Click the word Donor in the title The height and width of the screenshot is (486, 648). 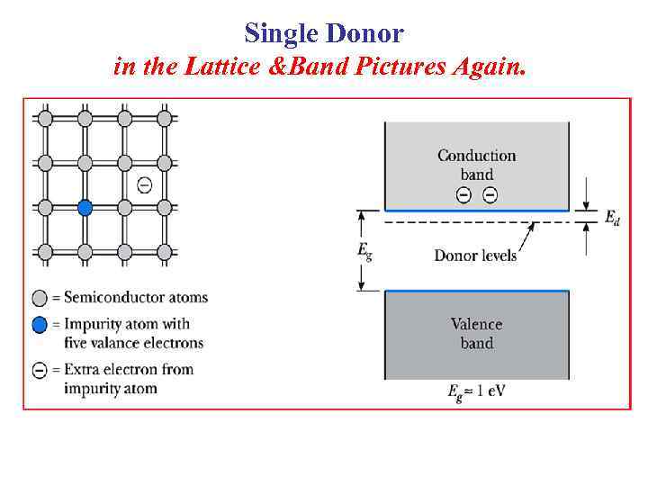pyautogui.click(x=365, y=34)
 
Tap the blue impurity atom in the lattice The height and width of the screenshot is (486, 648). pyautogui.click(x=85, y=208)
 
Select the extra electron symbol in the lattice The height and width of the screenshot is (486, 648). pyautogui.click(x=144, y=184)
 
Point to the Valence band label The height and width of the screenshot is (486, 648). pyautogui.click(x=477, y=333)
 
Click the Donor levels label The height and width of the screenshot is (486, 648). pyautogui.click(x=475, y=256)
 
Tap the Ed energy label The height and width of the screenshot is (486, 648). pyautogui.click(x=611, y=217)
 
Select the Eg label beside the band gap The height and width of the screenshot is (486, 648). pyautogui.click(x=364, y=250)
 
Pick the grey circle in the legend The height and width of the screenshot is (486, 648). pyautogui.click(x=40, y=298)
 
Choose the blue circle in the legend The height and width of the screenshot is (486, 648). pyautogui.click(x=40, y=324)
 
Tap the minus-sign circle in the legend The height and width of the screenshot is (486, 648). pyautogui.click(x=40, y=370)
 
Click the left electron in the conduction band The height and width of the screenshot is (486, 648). pyautogui.click(x=463, y=196)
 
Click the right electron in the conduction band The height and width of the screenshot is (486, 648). pyautogui.click(x=490, y=196)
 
